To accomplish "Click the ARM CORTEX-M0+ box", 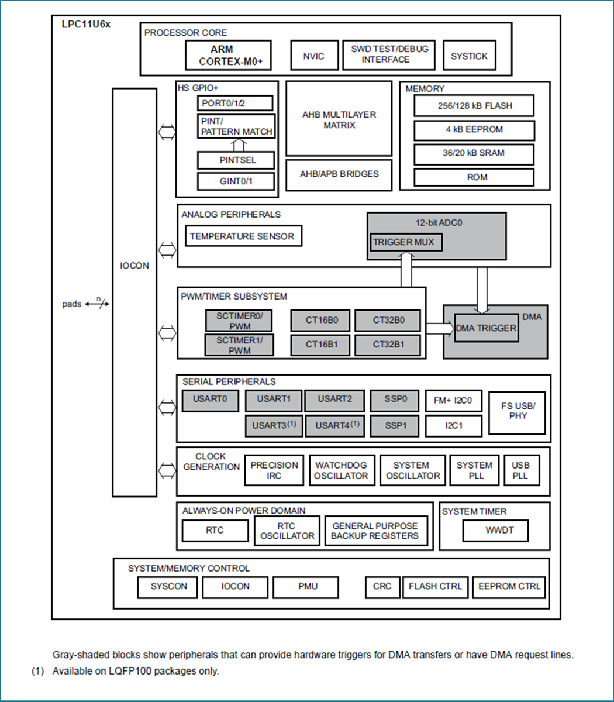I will pyautogui.click(x=228, y=56).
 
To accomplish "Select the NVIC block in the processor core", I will pyautogui.click(x=313, y=56).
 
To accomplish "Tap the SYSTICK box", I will pyautogui.click(x=469, y=56).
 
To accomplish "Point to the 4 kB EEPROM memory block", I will pyautogui.click(x=474, y=130).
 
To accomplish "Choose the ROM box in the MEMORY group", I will pyautogui.click(x=474, y=177).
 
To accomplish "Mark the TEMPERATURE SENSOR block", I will pyautogui.click(x=242, y=237).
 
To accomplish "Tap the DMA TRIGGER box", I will pyautogui.click(x=485, y=328).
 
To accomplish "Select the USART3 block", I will pyautogui.click(x=274, y=425).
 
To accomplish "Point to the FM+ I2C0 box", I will pyautogui.click(x=453, y=401).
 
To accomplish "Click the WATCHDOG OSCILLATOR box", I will pyautogui.click(x=341, y=470).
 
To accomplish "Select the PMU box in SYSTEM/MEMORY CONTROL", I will pyautogui.click(x=306, y=587).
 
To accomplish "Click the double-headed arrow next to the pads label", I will pyautogui.click(x=97, y=304).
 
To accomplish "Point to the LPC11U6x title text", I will pyautogui.click(x=86, y=25).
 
